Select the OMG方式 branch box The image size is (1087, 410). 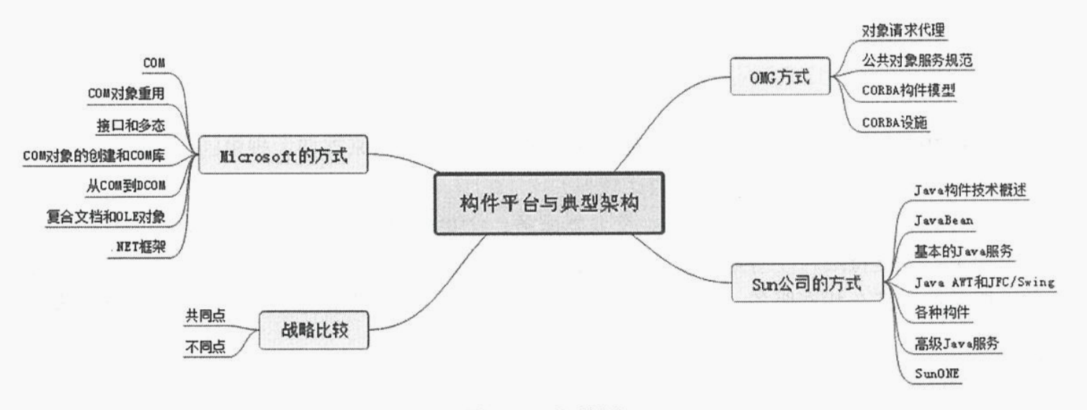pyautogui.click(x=781, y=76)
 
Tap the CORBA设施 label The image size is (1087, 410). pyautogui.click(x=894, y=122)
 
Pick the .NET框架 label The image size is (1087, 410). pyautogui.click(x=140, y=247)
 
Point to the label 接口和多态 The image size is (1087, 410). pyautogui.click(x=131, y=124)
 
